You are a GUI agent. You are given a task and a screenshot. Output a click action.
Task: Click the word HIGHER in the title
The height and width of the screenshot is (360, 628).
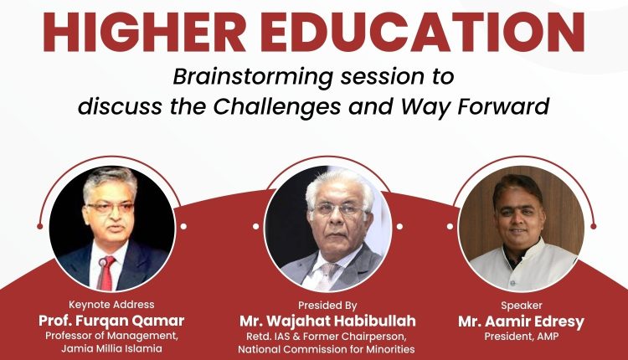[144, 32]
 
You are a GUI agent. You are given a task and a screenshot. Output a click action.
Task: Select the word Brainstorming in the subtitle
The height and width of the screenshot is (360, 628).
[253, 77]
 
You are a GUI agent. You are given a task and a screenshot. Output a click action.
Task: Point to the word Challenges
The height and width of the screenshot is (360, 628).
[277, 107]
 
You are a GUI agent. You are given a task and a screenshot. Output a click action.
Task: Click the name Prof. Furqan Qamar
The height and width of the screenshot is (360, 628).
[111, 321]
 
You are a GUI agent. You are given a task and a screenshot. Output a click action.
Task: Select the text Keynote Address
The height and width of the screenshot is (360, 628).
[111, 305]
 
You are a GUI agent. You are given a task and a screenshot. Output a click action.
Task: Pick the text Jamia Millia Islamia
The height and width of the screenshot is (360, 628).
[111, 349]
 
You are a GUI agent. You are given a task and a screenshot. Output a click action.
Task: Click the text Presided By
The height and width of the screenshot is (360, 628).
[327, 306]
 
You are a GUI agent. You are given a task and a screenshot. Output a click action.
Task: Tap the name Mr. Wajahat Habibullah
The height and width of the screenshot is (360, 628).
[327, 321]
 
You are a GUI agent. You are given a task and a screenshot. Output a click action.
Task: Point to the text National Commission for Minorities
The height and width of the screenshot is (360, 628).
[327, 349]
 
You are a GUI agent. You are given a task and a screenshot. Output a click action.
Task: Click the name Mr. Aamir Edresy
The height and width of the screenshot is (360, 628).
[521, 321]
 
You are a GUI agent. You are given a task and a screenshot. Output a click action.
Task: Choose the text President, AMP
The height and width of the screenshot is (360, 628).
[521, 337]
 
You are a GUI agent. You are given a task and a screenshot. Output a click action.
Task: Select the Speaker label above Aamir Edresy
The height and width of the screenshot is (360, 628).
[522, 306]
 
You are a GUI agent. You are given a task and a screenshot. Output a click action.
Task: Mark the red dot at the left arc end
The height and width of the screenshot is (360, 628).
[39, 227]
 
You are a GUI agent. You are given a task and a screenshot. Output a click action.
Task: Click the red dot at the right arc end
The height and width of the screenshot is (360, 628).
[594, 227]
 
